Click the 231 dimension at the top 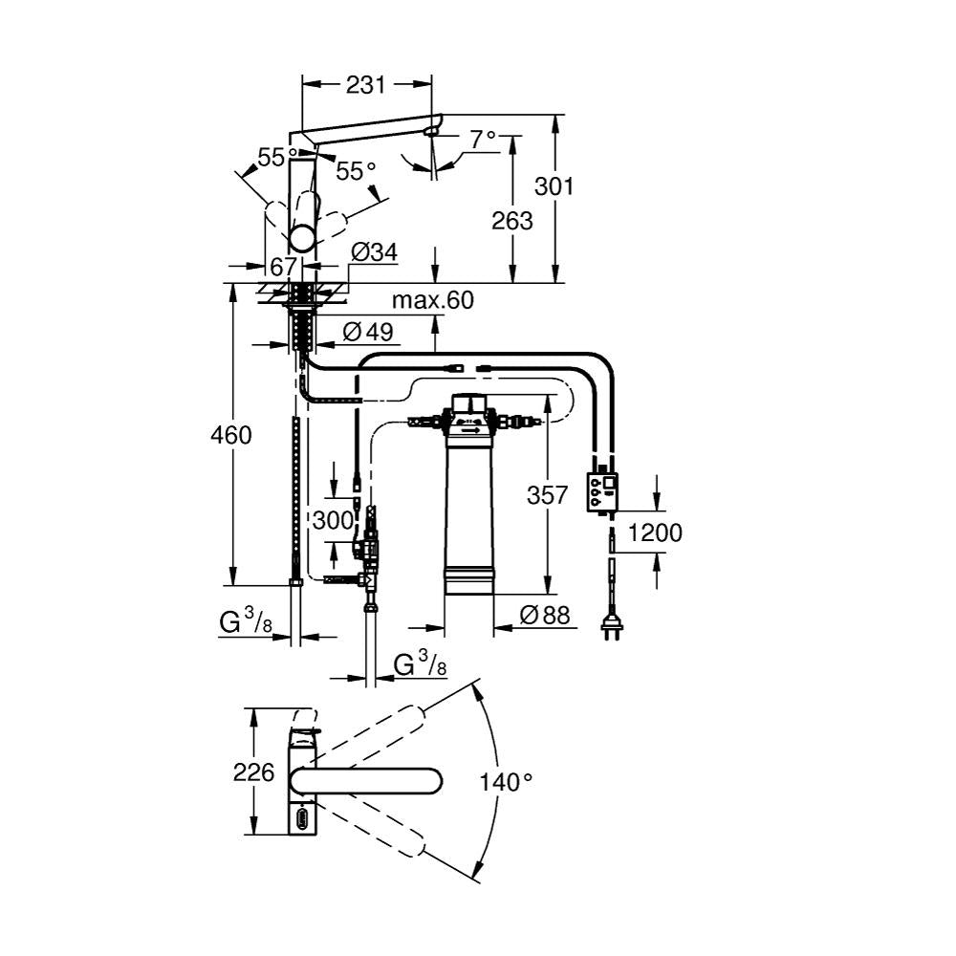365,84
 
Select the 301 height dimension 554,185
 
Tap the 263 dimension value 513,221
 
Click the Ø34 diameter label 374,253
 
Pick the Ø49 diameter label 364,332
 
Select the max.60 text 432,301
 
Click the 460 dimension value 231,435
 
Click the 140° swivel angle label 506,782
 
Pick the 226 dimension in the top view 253,772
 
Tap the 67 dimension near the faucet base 283,267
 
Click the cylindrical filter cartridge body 468,507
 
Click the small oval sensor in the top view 304,819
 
